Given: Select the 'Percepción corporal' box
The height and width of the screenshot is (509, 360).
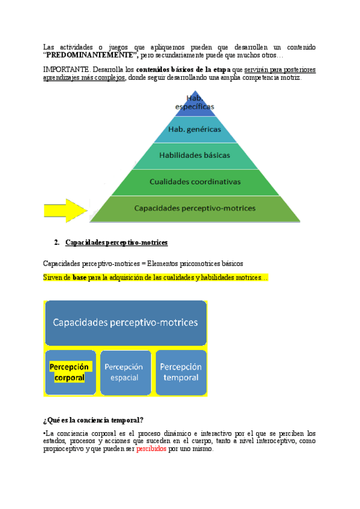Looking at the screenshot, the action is [x=70, y=372].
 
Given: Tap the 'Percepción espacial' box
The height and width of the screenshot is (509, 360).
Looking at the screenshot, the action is [x=125, y=372].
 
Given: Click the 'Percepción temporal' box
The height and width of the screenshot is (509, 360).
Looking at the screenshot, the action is [x=181, y=372].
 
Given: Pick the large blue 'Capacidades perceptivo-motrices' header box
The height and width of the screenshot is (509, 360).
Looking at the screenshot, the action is [x=125, y=322].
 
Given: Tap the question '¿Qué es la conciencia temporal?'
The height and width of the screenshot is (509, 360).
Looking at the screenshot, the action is [x=92, y=420].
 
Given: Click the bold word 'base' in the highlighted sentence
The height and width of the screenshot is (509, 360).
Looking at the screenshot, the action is [x=79, y=277].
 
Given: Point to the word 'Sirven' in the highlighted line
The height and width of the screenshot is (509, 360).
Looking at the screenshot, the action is [x=53, y=277].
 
